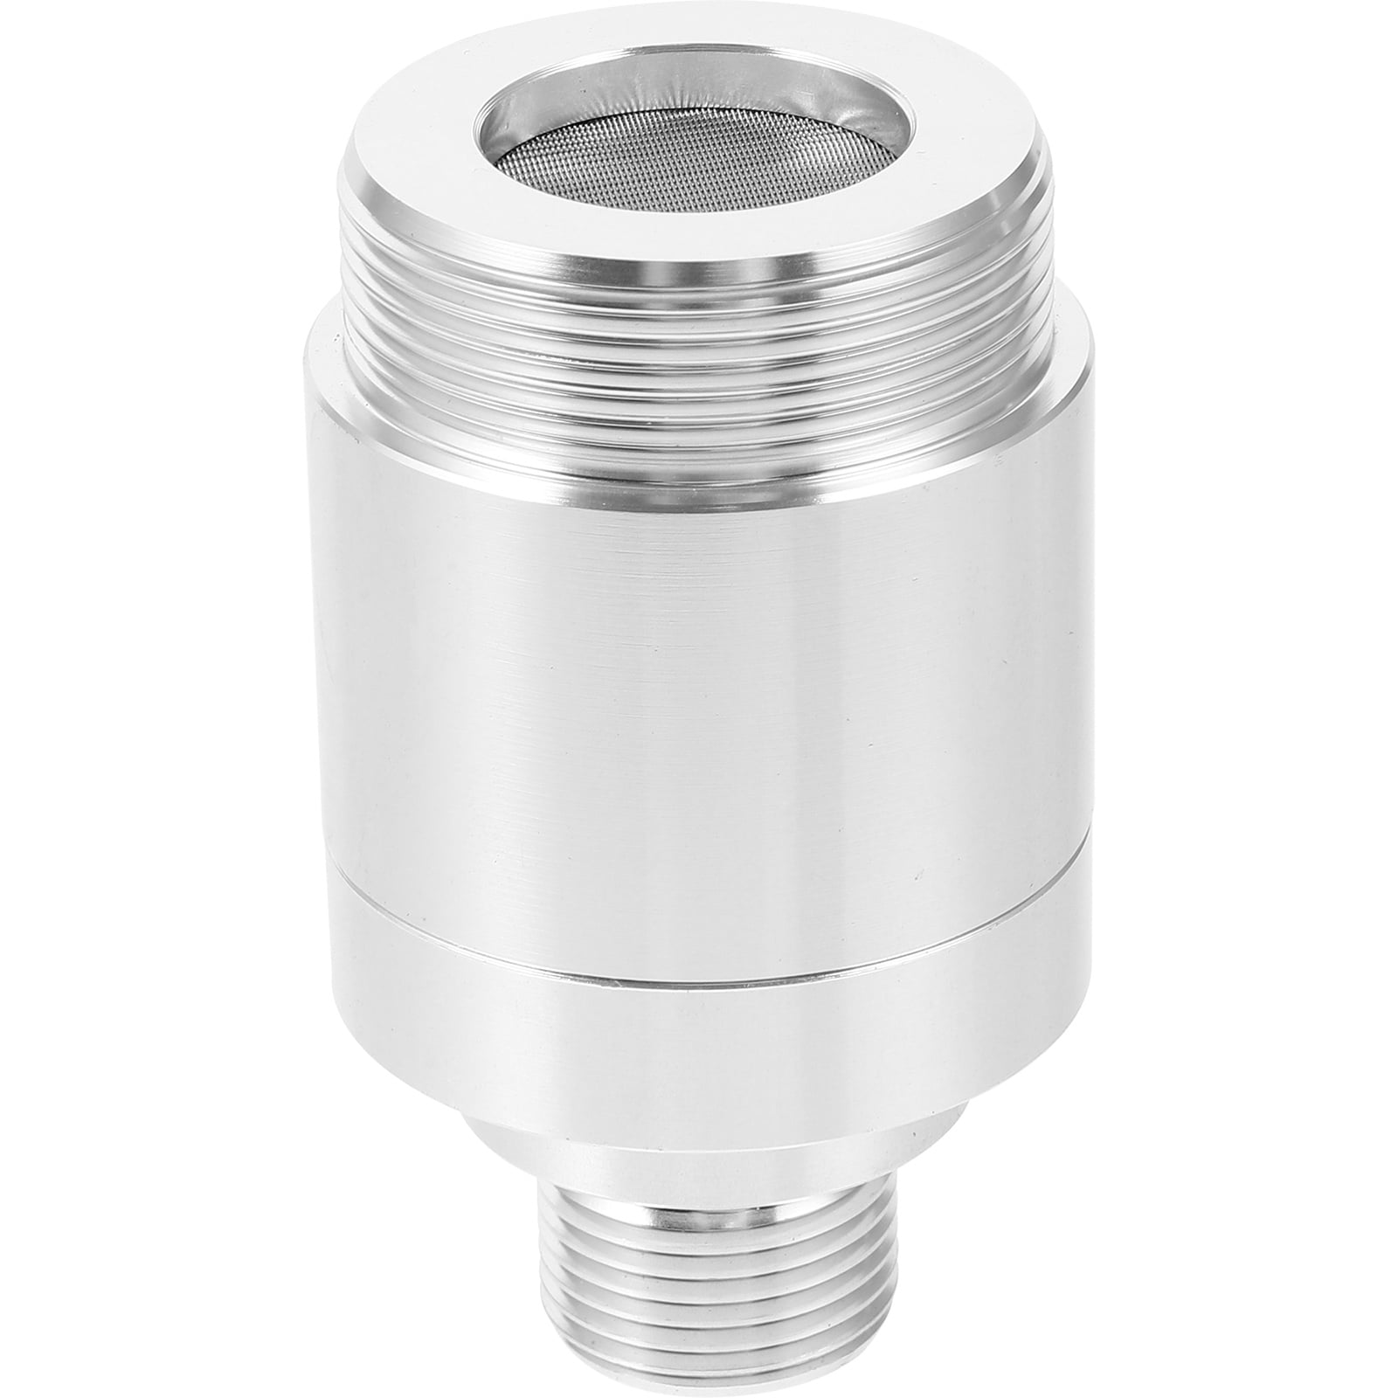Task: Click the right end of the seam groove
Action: pos(1083,839)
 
